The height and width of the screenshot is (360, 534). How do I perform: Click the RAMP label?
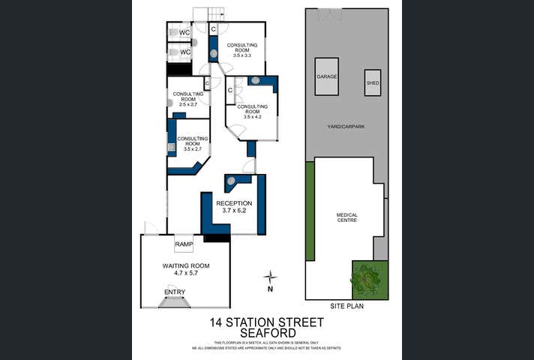184,244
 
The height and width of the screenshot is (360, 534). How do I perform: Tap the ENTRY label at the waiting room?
174,292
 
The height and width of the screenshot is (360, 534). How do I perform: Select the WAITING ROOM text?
186,266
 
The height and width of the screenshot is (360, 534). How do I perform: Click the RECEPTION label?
235,203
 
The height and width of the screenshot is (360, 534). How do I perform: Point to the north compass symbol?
270,278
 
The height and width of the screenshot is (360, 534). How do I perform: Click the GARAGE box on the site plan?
326,76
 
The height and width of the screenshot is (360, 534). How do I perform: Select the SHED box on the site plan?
373,82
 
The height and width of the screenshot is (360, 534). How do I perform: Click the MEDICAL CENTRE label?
346,217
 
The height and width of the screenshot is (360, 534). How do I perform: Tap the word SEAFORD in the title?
267,334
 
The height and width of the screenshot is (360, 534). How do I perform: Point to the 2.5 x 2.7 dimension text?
187,103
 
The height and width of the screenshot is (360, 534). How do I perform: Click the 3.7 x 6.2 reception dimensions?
235,211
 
